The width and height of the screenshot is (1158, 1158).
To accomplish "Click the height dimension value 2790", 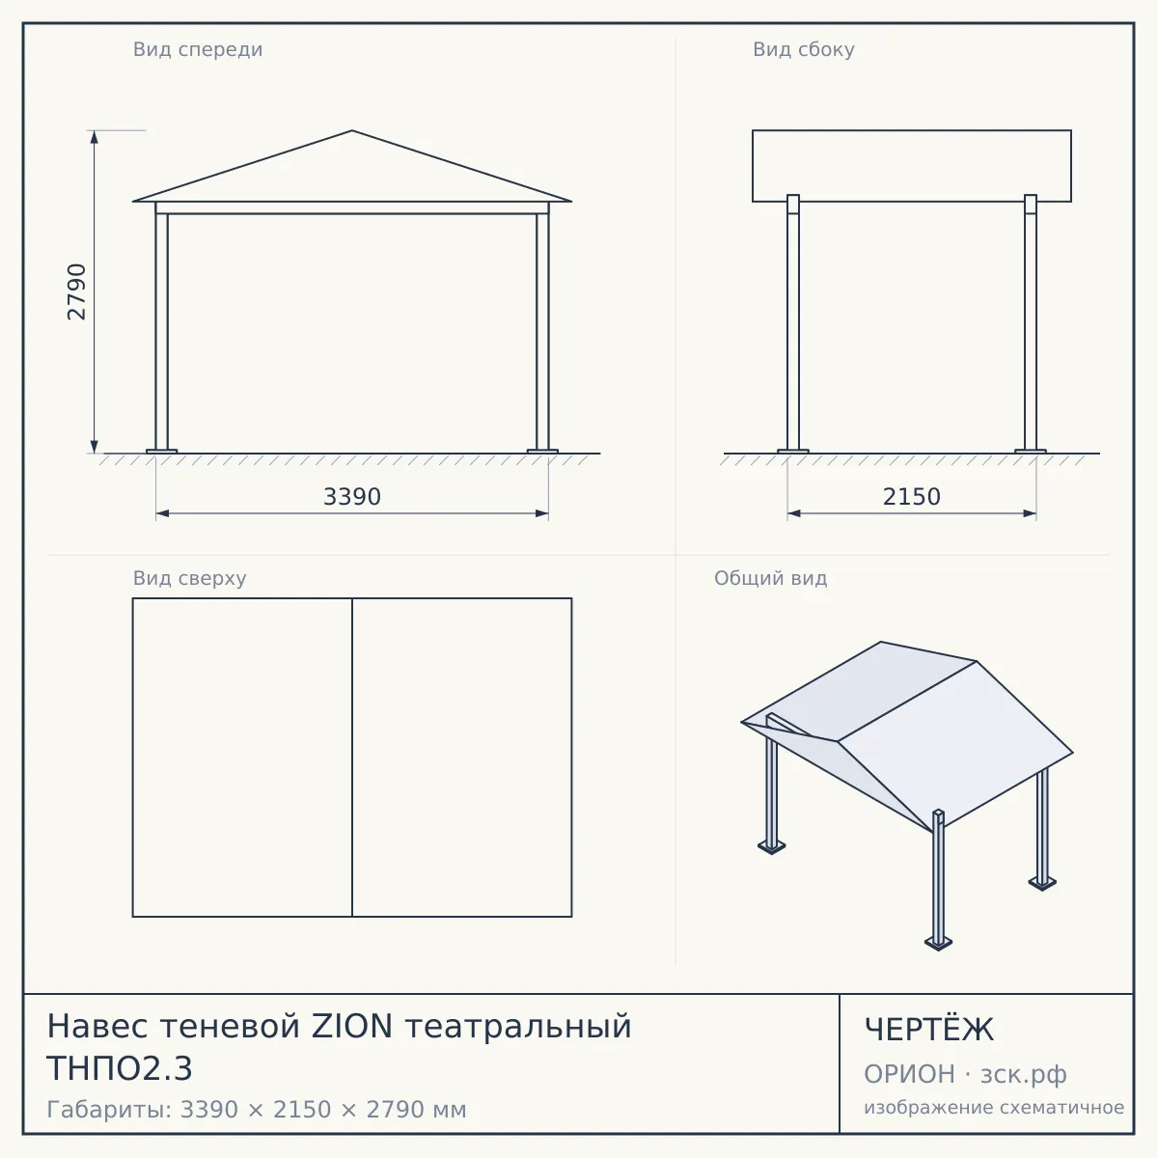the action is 77,291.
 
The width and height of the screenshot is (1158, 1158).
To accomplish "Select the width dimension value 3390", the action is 352,497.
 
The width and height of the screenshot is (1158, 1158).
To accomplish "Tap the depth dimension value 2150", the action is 911,497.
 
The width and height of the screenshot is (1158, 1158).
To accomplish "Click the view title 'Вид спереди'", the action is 198,49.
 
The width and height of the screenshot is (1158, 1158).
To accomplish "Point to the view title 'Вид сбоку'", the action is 804,49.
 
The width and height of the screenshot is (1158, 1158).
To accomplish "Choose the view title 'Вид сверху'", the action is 189,578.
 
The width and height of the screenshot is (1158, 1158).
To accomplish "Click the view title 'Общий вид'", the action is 770,578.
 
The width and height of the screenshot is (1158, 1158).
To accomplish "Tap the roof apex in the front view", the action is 352,130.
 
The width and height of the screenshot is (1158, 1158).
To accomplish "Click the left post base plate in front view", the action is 162,451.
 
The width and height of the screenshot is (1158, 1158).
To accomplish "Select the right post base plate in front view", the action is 542,451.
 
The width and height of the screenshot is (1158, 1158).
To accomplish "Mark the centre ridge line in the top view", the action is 352,758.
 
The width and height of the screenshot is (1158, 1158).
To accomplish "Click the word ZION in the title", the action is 352,1027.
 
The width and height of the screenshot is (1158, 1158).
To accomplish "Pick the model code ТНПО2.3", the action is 120,1069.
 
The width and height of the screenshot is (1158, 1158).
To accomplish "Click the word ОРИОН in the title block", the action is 909,1074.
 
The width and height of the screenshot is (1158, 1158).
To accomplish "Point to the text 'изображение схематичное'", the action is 994,1108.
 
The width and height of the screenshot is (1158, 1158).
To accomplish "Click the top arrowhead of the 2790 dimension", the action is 95,137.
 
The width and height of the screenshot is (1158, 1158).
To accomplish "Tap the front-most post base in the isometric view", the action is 938,943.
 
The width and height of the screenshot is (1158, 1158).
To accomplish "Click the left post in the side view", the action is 793,323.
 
